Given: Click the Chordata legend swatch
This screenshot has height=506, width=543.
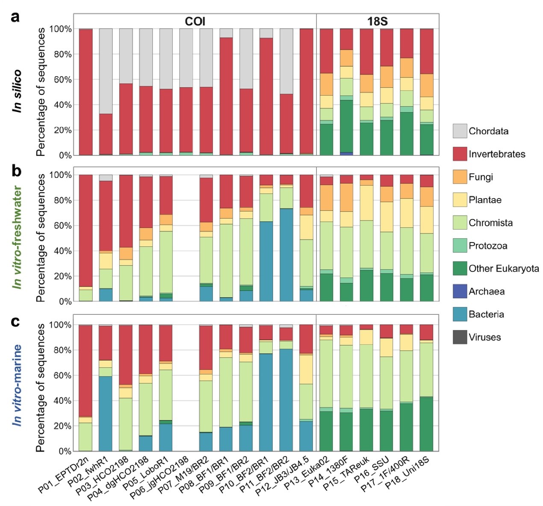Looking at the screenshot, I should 460,131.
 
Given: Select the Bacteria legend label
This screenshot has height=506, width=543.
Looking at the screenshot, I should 486,314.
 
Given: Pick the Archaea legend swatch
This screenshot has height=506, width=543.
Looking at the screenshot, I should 460,291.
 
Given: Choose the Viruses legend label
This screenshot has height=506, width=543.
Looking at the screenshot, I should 484,337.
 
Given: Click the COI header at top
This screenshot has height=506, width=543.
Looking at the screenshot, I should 195,21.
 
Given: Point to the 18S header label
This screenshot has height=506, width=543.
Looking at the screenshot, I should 377,21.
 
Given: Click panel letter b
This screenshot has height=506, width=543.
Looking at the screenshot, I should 16,171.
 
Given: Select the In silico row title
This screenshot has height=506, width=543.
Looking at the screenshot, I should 17,91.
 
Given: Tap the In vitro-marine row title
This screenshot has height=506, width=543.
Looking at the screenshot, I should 17,385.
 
